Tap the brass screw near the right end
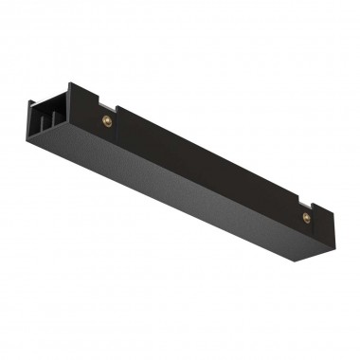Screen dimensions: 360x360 [x=306, y=216]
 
